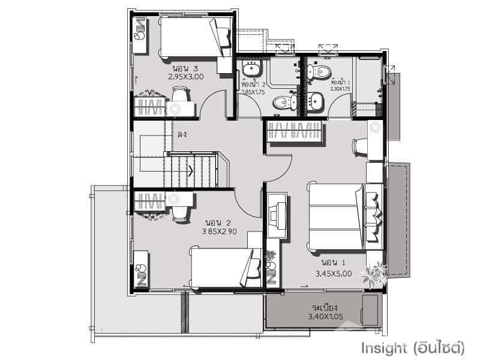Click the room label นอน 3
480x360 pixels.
184,68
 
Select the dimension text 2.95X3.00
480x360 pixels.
186,77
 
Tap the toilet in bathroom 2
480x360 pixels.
282,103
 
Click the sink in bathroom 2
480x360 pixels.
250,67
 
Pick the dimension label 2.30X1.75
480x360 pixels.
340,89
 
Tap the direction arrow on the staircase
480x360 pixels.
190,170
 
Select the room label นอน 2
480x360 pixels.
216,221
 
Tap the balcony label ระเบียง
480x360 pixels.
323,307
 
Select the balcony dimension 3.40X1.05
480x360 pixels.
325,316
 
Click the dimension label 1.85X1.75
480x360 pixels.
253,92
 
